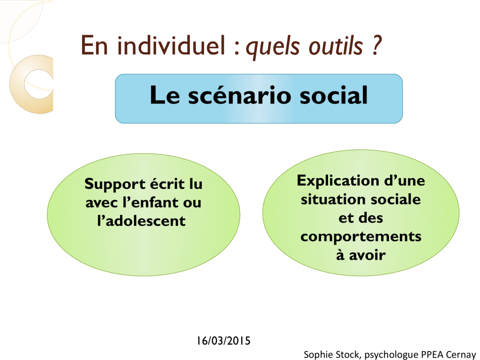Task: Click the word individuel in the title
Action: pos(171,45)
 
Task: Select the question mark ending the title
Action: pos(377,45)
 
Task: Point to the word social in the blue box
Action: pos(333,95)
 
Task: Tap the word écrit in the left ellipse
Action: pos(167,184)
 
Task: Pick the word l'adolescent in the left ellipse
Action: pos(141,221)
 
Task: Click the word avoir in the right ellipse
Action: pos(367,255)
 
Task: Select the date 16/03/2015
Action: pos(224,341)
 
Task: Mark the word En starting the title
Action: pos(94,45)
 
